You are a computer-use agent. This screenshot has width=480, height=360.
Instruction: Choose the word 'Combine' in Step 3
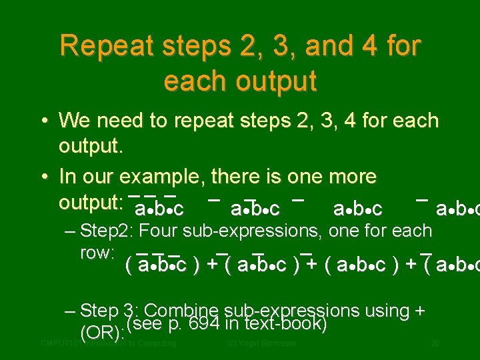pos(181,311)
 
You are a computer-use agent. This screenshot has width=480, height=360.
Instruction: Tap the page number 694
pos(203,324)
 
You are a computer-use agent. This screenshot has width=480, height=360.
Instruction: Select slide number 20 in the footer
pos(434,343)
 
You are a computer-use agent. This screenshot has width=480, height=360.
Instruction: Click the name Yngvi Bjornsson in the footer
pos(269,343)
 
